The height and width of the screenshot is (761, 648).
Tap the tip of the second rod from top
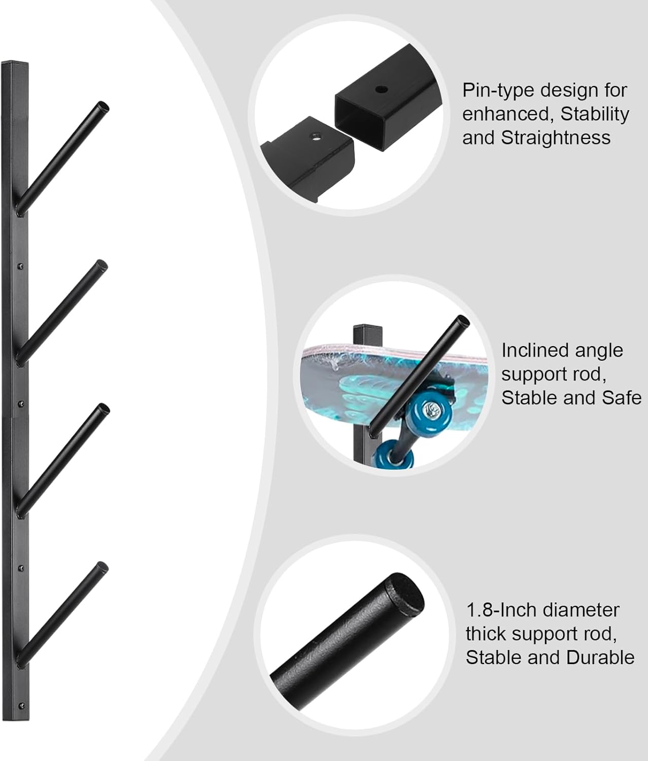pyautogui.click(x=102, y=265)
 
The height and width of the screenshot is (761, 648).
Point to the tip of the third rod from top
pyautogui.click(x=104, y=409)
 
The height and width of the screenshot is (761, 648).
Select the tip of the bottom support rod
pyautogui.click(x=103, y=567)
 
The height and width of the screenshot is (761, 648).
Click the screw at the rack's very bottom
pyautogui.click(x=21, y=705)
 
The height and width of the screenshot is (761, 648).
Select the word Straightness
pyautogui.click(x=556, y=137)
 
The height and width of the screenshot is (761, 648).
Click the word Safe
pyautogui.click(x=622, y=397)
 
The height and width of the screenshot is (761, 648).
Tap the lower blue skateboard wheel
pyautogui.click(x=392, y=455)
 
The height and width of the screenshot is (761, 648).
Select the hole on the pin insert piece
pyautogui.click(x=316, y=135)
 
